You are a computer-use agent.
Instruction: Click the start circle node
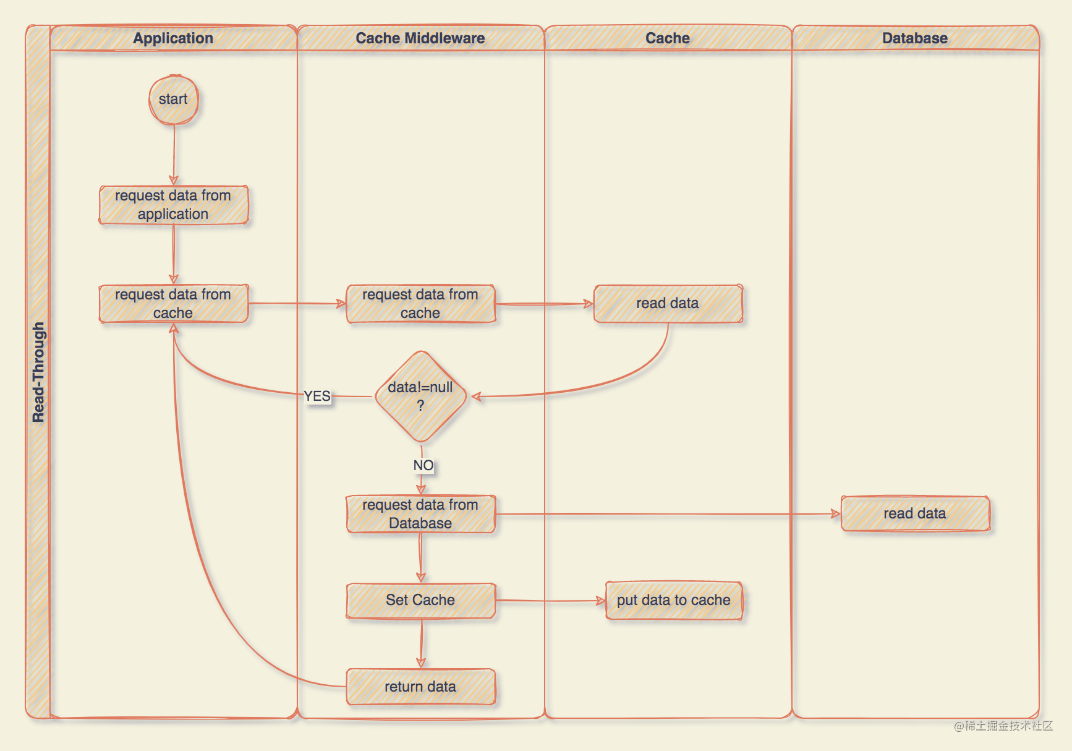point(173,100)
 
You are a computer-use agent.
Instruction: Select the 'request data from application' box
point(173,205)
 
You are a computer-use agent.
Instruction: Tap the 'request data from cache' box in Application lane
point(173,304)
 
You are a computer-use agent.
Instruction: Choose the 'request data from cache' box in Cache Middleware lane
point(420,304)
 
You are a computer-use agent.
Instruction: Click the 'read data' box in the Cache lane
point(668,304)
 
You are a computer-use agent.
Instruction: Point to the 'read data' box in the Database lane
point(915,513)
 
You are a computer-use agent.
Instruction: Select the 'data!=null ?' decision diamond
point(420,397)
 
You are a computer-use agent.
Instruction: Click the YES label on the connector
point(317,396)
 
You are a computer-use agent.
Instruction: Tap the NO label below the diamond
point(423,465)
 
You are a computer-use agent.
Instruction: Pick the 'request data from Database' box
point(420,514)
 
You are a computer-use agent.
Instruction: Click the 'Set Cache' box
point(420,600)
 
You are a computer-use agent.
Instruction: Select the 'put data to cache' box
point(674,600)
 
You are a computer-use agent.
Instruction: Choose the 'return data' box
point(420,687)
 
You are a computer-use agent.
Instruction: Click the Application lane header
point(173,38)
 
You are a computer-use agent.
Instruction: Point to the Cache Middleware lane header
point(420,38)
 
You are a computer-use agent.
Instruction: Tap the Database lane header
point(915,38)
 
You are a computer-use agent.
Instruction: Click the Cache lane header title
point(668,38)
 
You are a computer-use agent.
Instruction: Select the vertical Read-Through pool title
point(38,372)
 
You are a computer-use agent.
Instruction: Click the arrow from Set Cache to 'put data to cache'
point(550,601)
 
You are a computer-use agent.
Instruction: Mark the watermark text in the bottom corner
point(1003,726)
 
